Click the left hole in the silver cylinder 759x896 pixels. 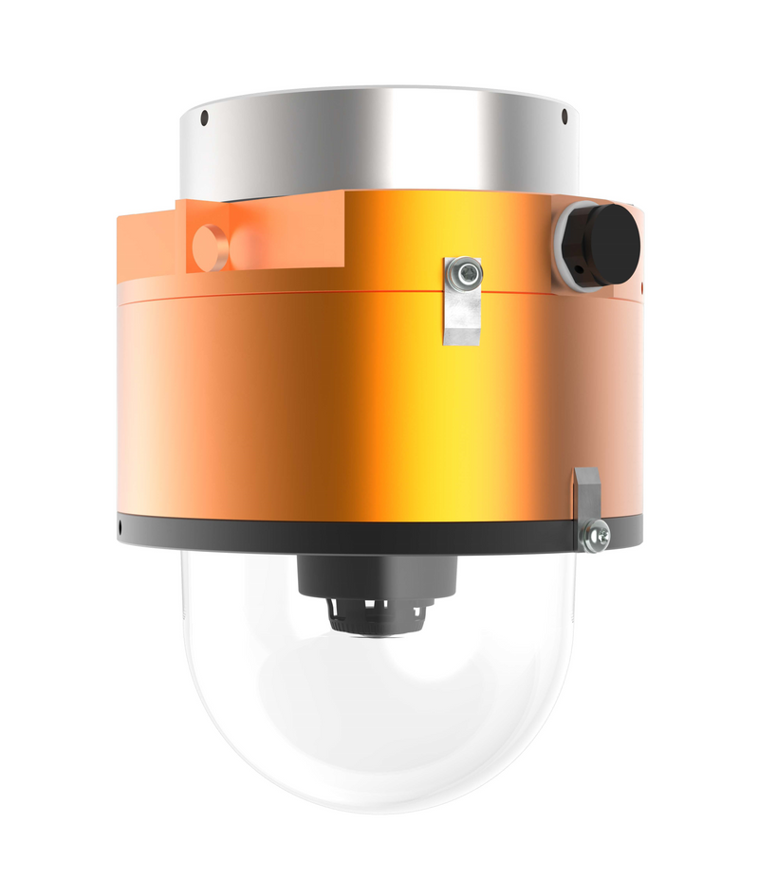204,119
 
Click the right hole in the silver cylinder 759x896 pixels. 564,118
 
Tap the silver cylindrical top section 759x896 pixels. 379,142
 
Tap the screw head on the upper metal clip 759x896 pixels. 464,273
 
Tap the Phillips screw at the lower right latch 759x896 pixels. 597,536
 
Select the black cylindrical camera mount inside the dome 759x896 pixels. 379,575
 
